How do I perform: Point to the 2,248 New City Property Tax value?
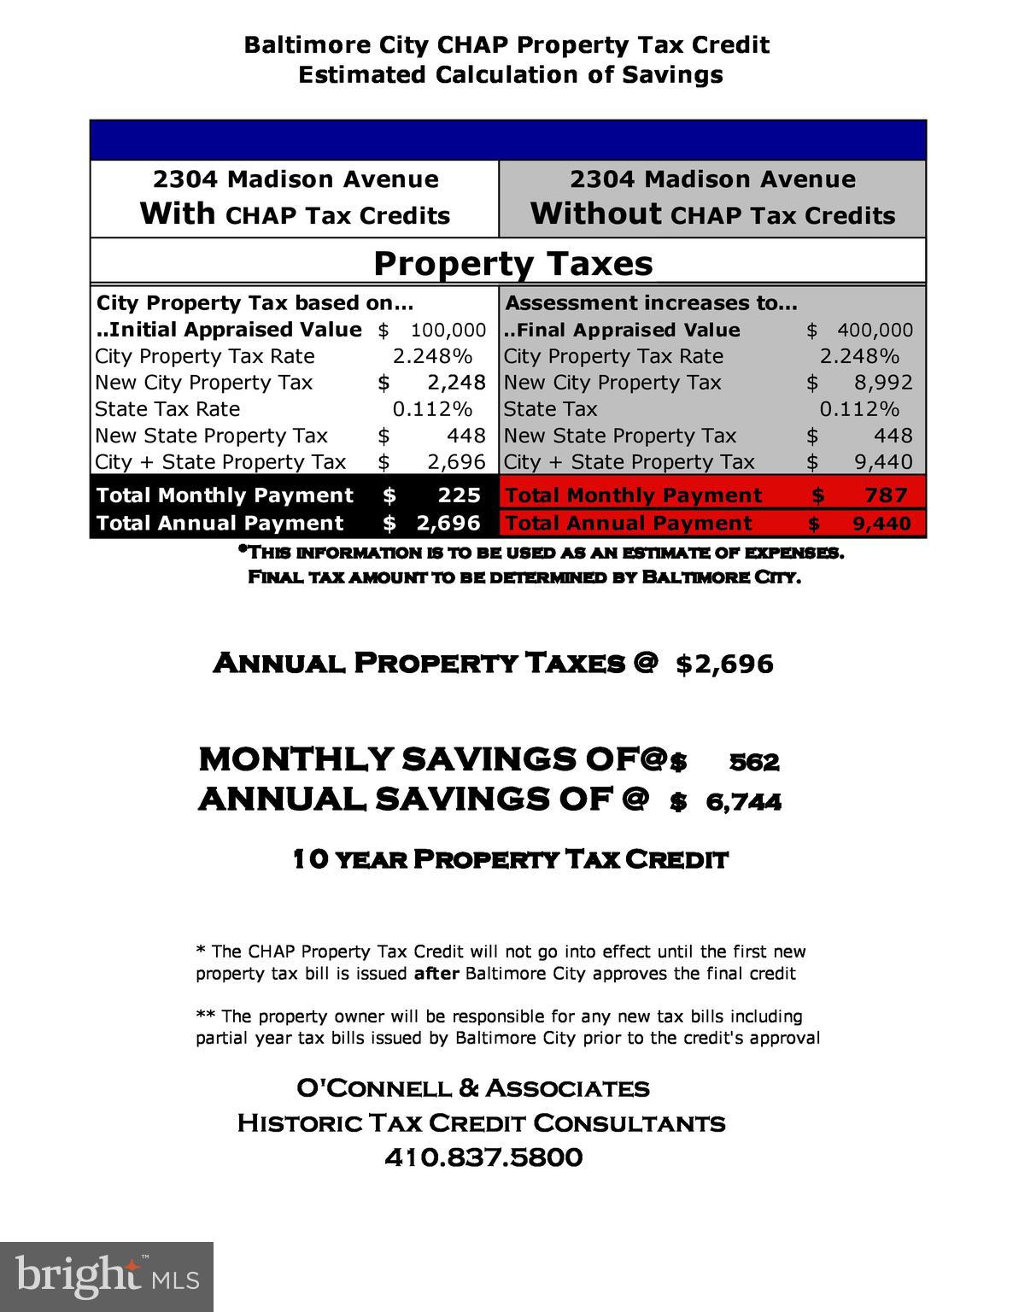point(456,383)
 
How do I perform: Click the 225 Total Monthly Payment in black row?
point(459,495)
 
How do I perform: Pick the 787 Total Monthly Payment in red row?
point(886,495)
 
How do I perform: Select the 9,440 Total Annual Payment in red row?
point(881,524)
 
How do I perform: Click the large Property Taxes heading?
point(512,263)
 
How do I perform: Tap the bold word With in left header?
point(178,214)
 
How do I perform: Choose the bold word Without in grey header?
point(595,214)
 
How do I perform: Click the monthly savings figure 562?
point(754,762)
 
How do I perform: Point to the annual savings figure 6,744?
point(743,802)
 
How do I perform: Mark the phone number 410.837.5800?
point(483,1157)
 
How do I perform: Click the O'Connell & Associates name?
point(472,1088)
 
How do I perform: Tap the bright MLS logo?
point(106,1276)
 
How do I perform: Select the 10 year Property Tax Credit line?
point(510,858)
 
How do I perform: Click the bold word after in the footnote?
point(436,974)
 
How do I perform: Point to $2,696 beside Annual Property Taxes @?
point(724,664)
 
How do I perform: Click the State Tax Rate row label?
point(167,409)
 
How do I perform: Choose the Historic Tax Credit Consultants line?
point(481,1122)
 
